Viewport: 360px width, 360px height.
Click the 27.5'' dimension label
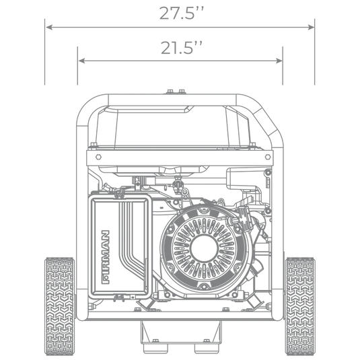pyautogui.click(x=182, y=13)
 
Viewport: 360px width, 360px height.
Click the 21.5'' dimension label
pyautogui.click(x=182, y=48)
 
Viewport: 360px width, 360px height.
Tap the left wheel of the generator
pyautogui.click(x=60, y=306)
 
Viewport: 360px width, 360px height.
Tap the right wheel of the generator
pyautogui.click(x=300, y=306)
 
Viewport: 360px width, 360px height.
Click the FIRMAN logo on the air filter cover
pyautogui.click(x=106, y=257)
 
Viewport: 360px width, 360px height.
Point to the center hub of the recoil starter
pyautogui.click(x=204, y=248)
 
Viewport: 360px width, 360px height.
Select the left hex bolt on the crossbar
pyautogui.click(x=98, y=157)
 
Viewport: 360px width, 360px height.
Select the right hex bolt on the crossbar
pyautogui.click(x=268, y=157)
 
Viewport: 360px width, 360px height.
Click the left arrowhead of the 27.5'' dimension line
pyautogui.click(x=49, y=27)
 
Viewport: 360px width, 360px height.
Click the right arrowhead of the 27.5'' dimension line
pyautogui.click(x=311, y=27)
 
